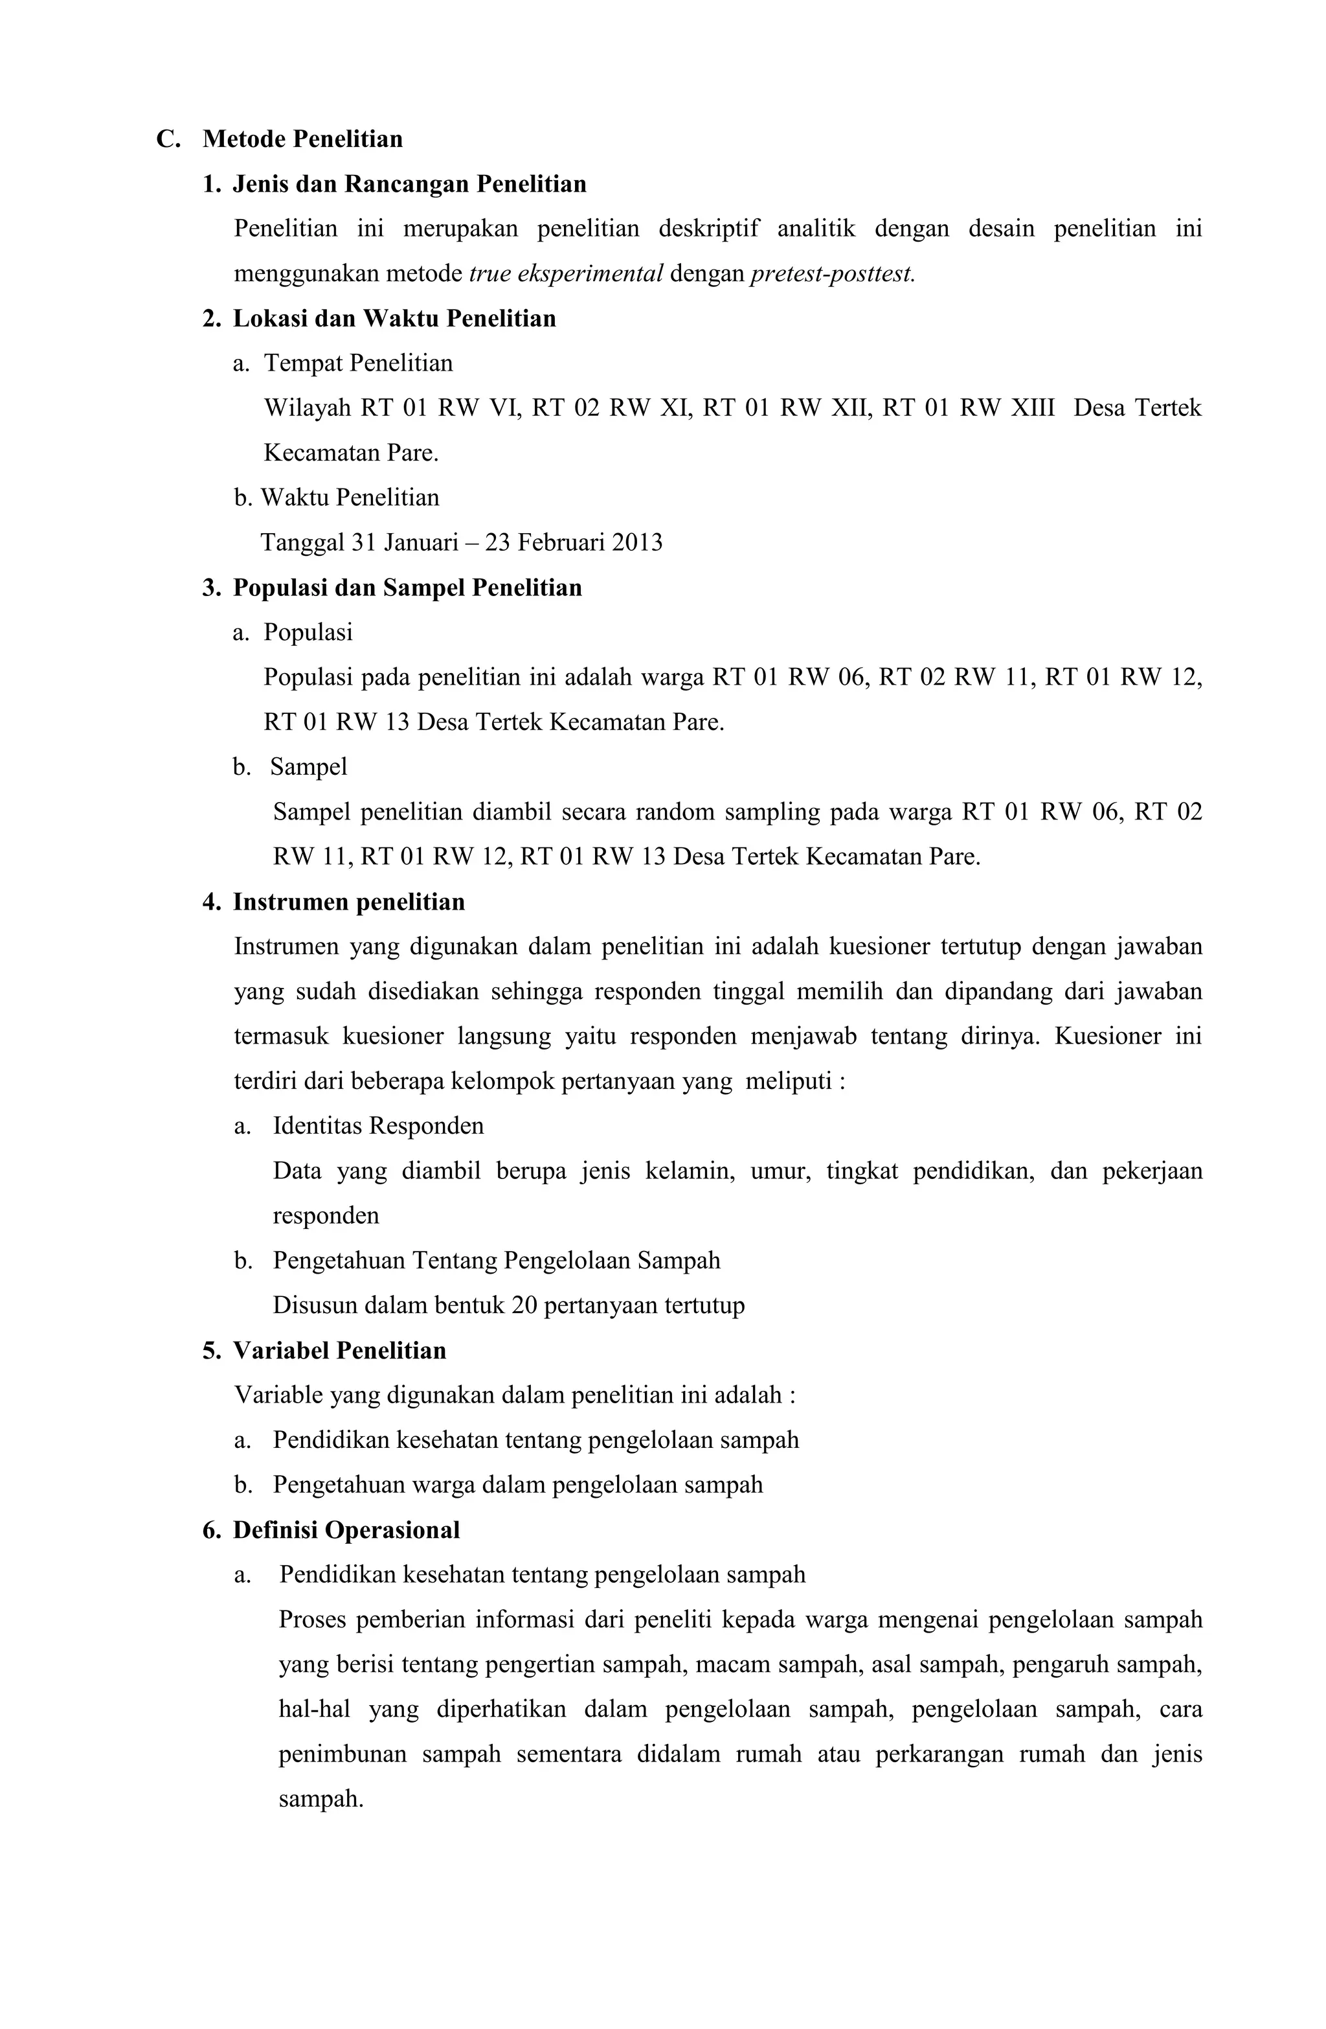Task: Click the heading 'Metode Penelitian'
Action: [302, 139]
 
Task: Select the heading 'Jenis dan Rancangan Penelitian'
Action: [409, 184]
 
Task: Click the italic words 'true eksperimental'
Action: [566, 273]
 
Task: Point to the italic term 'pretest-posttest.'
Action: [833, 273]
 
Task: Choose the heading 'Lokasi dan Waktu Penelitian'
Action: [394, 319]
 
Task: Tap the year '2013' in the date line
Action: [636, 543]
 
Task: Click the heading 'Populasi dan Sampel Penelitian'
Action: [407, 588]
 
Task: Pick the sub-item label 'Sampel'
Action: [308, 767]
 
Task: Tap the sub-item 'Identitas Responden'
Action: [377, 1126]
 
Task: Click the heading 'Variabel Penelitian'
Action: [339, 1350]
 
